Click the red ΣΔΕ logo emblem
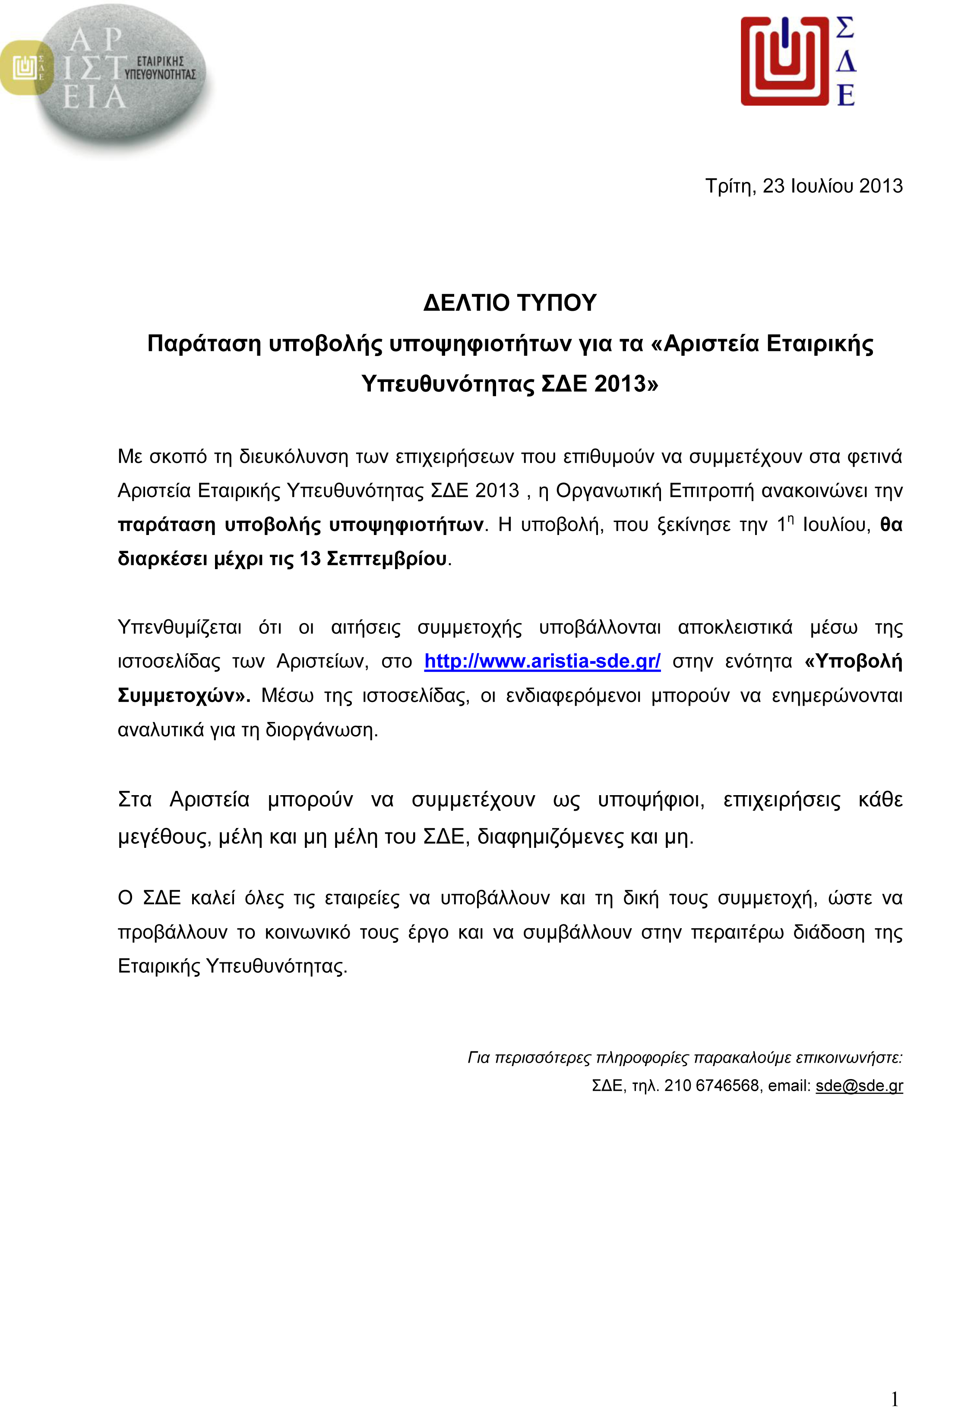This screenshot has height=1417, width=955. pyautogui.click(x=784, y=61)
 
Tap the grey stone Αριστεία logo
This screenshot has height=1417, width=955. pyautogui.click(x=122, y=79)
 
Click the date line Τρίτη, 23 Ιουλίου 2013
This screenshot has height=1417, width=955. pyautogui.click(x=803, y=186)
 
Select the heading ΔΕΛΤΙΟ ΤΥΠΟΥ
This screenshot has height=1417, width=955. pyautogui.click(x=510, y=303)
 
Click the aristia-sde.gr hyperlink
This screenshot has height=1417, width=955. pyautogui.click(x=542, y=661)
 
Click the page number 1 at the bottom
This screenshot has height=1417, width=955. pyautogui.click(x=895, y=1382)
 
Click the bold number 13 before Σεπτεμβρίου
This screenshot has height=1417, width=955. pyautogui.click(x=310, y=559)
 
